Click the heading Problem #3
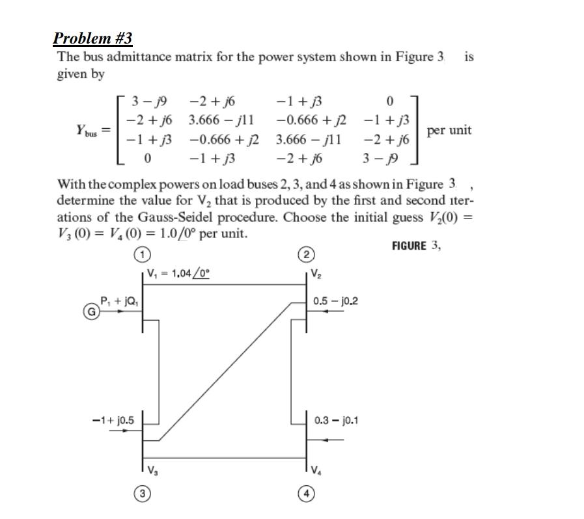[92, 38]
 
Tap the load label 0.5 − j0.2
[335, 300]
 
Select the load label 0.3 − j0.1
[335, 420]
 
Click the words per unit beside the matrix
[449, 130]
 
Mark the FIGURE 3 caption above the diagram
[417, 246]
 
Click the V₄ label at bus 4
[316, 470]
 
